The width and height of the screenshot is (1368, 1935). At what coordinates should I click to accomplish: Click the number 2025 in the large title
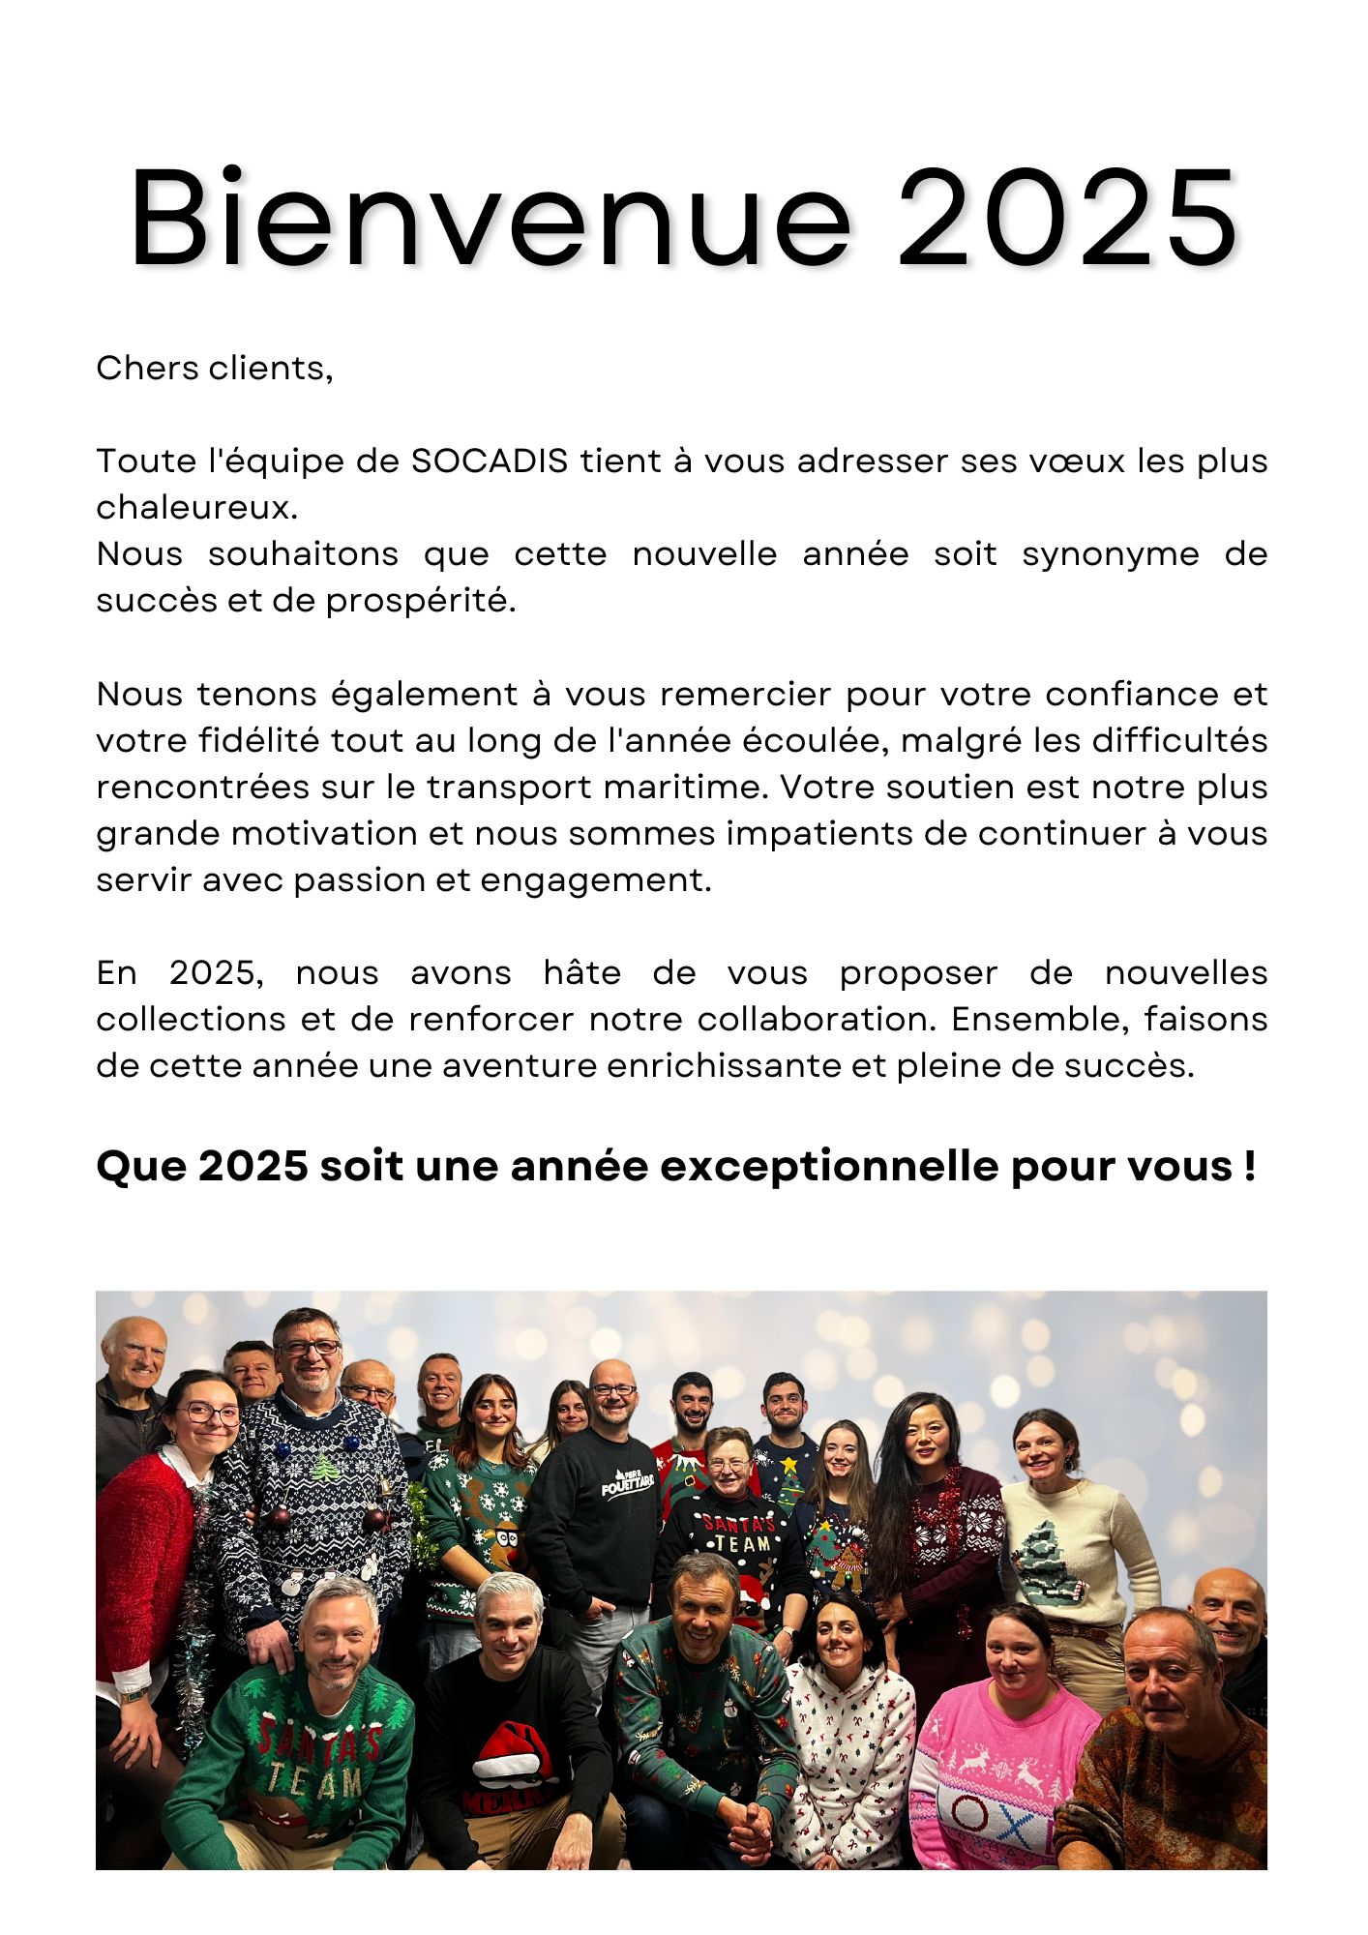(x=1066, y=219)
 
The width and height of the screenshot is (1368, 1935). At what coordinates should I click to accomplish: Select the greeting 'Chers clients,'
(x=214, y=369)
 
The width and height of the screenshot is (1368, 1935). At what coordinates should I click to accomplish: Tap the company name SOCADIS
(x=490, y=461)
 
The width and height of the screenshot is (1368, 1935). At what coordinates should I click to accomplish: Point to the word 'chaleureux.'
(x=197, y=507)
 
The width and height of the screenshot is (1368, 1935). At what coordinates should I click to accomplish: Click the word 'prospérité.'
(x=421, y=601)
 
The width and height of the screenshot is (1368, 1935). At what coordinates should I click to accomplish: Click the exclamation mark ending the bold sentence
(x=1250, y=1166)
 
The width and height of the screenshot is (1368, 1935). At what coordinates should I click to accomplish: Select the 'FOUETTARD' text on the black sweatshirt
(x=627, y=1484)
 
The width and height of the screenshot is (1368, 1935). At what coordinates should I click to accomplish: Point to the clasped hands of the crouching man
(x=747, y=1819)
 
